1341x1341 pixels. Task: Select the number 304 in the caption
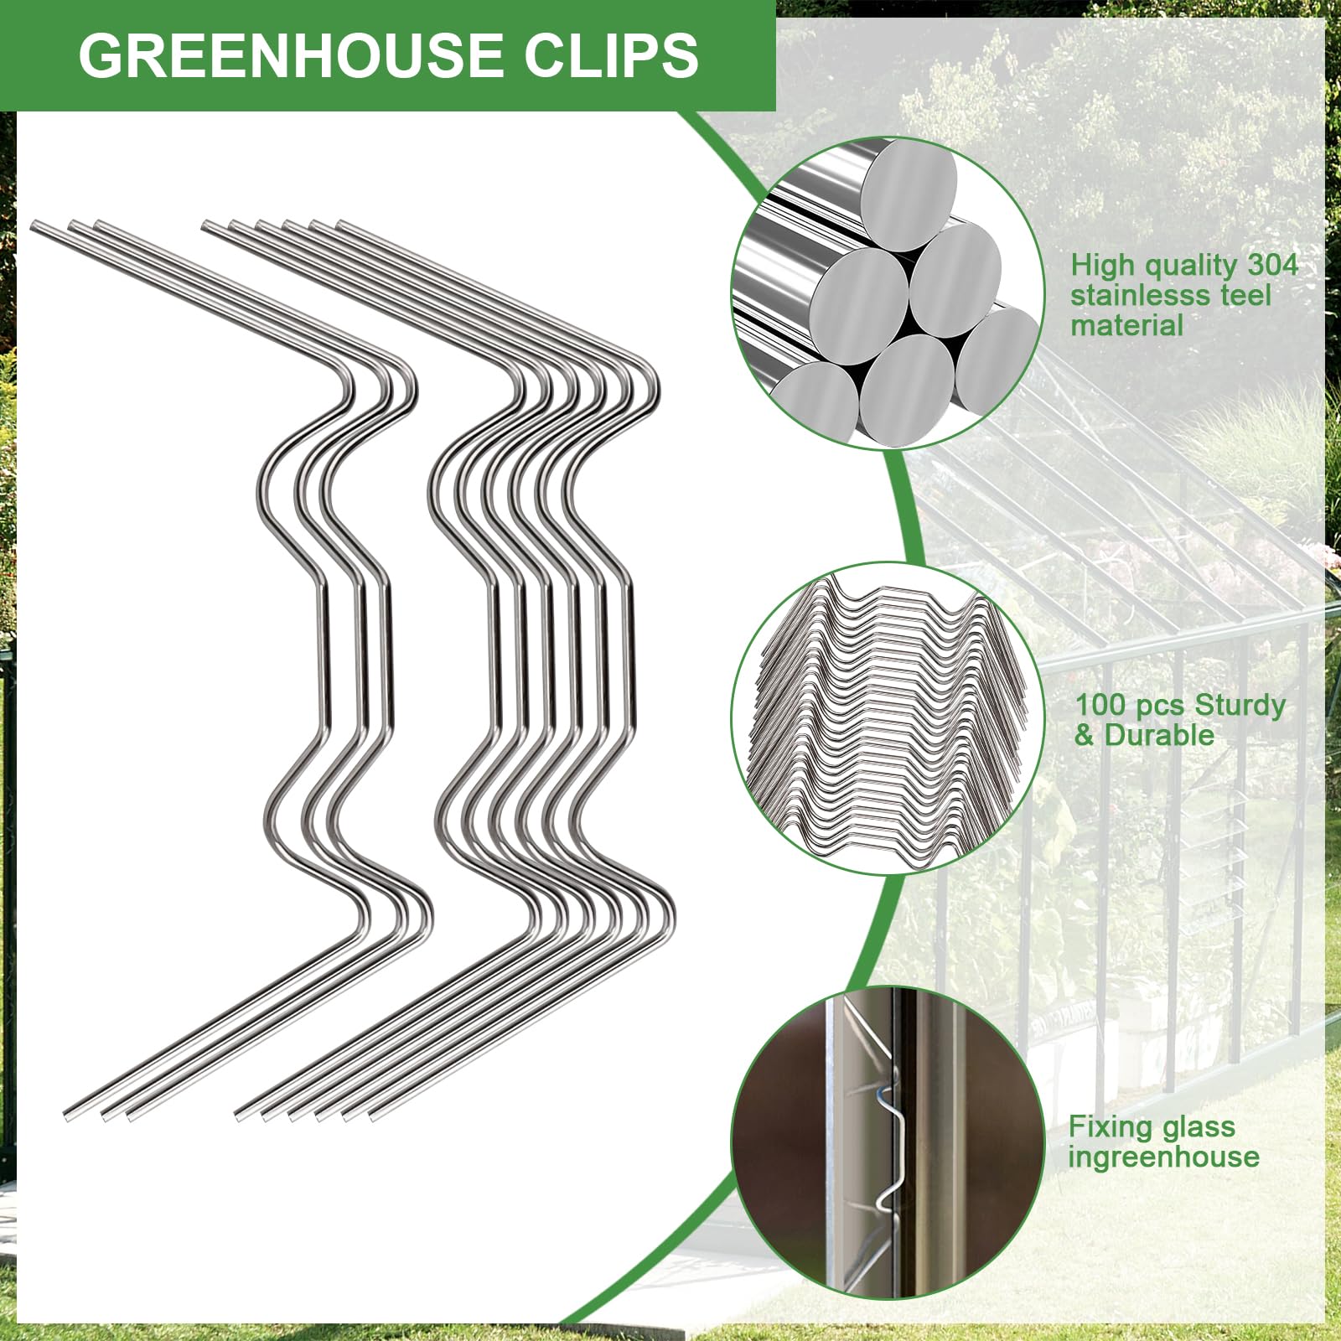(1272, 265)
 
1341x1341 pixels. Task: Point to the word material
(1126, 325)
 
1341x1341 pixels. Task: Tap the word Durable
(1159, 735)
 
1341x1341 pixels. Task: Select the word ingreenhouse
(1163, 1157)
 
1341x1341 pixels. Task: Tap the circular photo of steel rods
(888, 293)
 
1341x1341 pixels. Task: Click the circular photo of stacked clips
(888, 717)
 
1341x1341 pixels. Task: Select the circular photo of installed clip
(888, 1142)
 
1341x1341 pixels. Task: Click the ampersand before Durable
(1085, 735)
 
